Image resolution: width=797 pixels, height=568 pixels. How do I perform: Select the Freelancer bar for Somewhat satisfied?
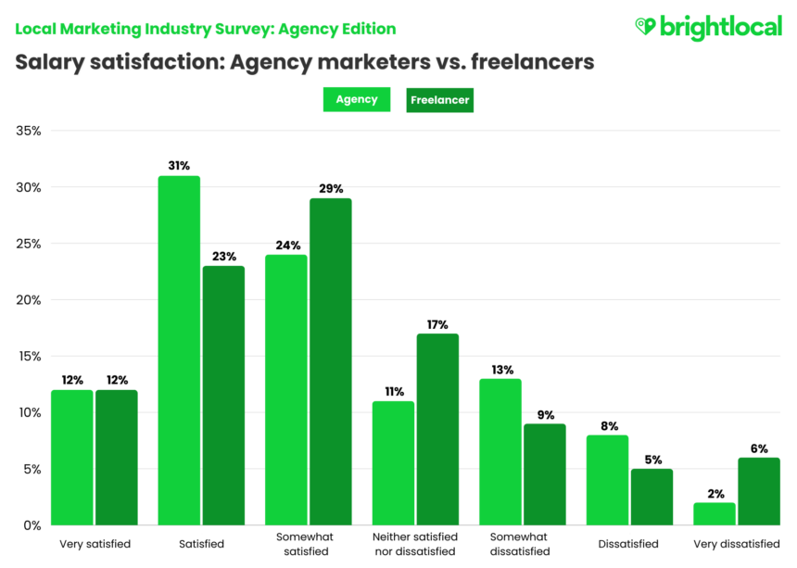coord(330,361)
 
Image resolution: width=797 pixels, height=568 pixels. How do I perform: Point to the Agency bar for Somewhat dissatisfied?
coord(500,451)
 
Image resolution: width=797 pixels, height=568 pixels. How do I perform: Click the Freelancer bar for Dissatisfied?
coord(652,497)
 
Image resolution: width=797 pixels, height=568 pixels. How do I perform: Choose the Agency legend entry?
coord(356,99)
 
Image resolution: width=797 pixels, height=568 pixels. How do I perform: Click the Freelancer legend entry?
coord(439,99)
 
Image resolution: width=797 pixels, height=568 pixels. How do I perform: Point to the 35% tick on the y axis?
coord(29,131)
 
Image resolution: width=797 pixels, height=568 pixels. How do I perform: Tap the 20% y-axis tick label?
coord(29,300)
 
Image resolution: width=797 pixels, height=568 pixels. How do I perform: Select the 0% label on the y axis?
coord(32,525)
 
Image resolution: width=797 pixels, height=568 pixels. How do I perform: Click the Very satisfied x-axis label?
coord(95,544)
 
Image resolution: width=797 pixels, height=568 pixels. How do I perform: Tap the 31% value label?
coord(179,166)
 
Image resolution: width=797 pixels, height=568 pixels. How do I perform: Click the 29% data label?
coord(330,188)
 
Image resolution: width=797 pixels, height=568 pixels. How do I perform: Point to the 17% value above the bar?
coord(437,324)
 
